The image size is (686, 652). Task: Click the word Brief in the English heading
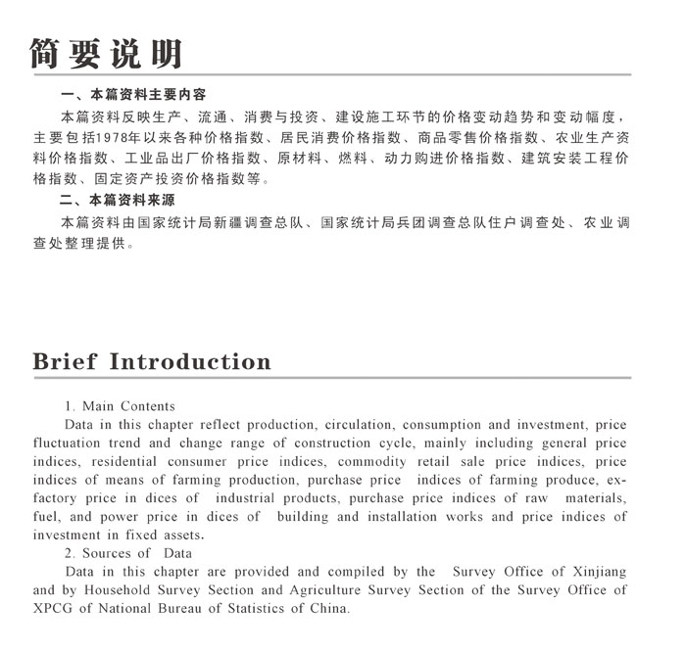pos(66,361)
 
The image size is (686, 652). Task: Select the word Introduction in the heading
pos(190,361)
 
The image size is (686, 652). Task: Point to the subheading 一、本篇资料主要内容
pos(133,95)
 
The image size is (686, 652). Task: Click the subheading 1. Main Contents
pos(120,406)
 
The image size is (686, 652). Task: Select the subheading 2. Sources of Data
pos(127,554)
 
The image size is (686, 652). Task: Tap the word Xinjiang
pos(595,572)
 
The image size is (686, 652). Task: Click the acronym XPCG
pos(55,609)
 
